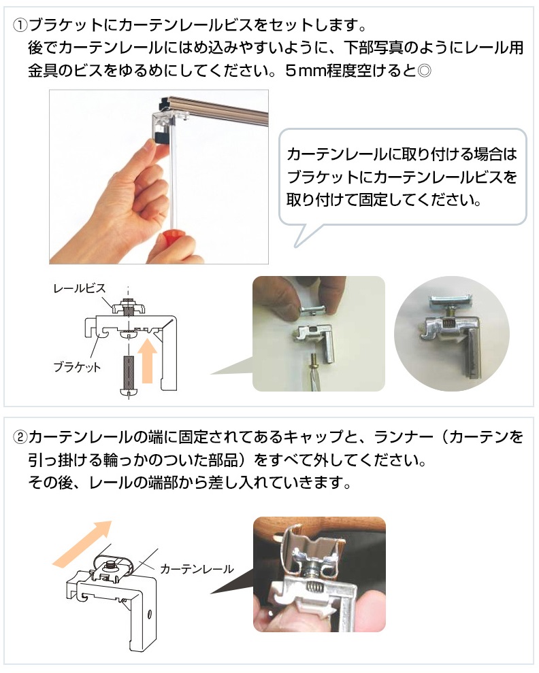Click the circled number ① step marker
pos(20,25)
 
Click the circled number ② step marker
pos(20,437)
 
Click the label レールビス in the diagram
pos(80,288)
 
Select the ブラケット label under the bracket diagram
pos(77,367)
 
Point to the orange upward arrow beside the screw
pos(147,360)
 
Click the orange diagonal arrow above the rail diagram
pos(82,542)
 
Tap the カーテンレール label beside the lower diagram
pos(197,569)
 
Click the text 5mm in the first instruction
pos(306,71)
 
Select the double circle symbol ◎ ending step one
pos(424,71)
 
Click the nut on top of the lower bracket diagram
pos(105,567)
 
